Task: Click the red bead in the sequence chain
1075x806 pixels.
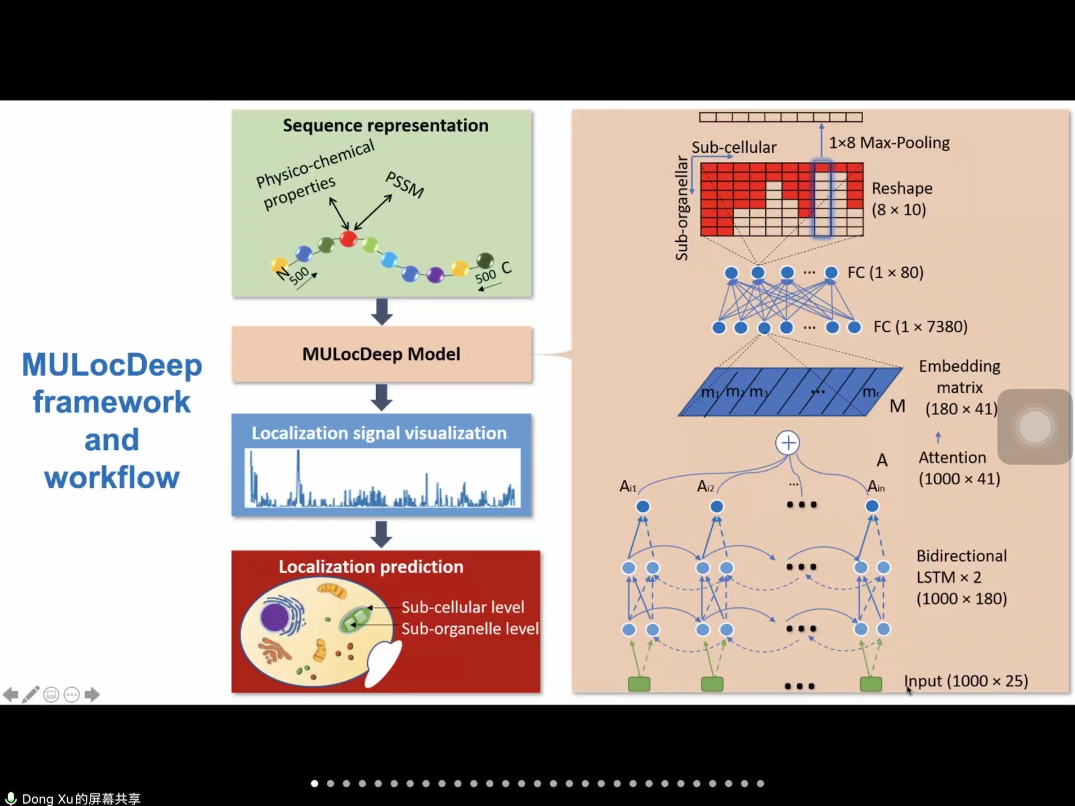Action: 348,238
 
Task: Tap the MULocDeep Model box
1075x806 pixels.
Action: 381,354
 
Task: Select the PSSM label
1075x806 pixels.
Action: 405,185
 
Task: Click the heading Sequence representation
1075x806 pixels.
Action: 385,125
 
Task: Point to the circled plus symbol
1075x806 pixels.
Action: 787,443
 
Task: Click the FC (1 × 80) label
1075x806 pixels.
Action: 885,273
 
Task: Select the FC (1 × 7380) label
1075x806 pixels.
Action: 920,327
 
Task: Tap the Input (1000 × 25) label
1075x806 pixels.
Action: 966,681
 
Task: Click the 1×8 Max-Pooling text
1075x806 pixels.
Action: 889,143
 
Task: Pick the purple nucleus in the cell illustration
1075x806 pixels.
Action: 274,617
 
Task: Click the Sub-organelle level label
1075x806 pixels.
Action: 470,629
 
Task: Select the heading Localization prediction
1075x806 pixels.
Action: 371,567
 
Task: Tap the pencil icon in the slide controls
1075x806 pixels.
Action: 30,694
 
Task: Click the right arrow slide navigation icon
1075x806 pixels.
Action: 92,694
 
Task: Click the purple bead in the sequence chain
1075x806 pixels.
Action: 435,274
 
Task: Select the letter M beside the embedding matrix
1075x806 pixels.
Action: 897,406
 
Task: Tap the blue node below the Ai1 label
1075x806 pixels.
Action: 643,506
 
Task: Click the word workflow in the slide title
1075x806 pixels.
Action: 111,478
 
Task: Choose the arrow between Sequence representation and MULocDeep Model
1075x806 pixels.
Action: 382,312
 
